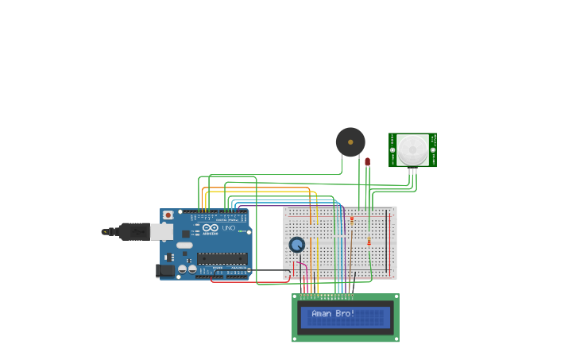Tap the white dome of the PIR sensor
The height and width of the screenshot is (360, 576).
pyautogui.click(x=412, y=149)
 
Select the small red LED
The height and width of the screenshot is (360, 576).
pyautogui.click(x=367, y=161)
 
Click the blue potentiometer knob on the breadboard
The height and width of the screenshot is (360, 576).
pyautogui.click(x=297, y=245)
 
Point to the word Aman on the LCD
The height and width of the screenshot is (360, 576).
pyautogui.click(x=321, y=313)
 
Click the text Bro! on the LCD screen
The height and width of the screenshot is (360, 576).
pyautogui.click(x=346, y=313)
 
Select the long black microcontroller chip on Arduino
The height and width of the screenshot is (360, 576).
pyautogui.click(x=222, y=257)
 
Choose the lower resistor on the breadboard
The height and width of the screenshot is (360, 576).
pyautogui.click(x=369, y=242)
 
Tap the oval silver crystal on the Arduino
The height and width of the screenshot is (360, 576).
pyautogui.click(x=184, y=245)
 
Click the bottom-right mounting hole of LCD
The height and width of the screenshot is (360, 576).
pyautogui.click(x=395, y=338)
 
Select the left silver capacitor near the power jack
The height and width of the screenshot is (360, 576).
pyautogui.click(x=182, y=269)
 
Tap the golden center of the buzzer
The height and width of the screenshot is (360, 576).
pyautogui.click(x=350, y=141)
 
